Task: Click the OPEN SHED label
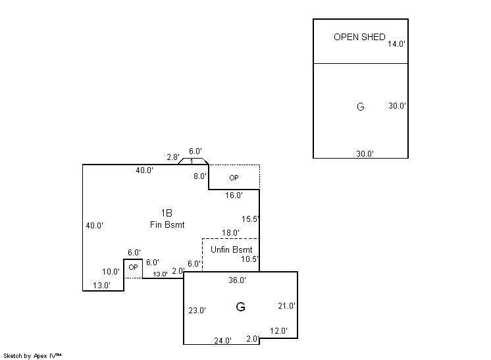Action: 359,37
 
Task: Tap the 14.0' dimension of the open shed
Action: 396,44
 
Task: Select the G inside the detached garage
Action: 360,107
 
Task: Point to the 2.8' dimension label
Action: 172,157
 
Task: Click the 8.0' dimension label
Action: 199,176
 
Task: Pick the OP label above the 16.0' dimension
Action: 234,178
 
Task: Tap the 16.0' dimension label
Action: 234,195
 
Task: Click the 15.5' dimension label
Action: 250,219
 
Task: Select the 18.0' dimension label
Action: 230,233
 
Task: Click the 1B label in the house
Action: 167,213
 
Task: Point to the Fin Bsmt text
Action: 167,225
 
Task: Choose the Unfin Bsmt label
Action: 231,250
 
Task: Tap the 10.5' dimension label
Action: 250,259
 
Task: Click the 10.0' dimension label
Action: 111,272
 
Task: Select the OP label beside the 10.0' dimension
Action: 133,267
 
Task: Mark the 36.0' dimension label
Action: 237,280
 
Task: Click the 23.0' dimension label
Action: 197,310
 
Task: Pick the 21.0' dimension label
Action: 287,306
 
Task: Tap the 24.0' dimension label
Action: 222,341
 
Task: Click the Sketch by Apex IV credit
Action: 32,355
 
